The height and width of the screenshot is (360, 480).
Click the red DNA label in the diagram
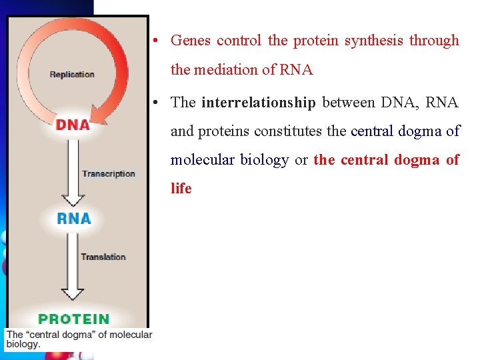tap(73, 125)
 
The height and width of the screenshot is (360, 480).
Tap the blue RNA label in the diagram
tap(74, 218)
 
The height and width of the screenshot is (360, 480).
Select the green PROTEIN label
tap(73, 319)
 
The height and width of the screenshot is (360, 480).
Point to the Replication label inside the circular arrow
tap(72, 74)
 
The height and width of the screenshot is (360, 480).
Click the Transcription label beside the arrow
tap(108, 174)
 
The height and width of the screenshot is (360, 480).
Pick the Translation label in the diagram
tap(103, 257)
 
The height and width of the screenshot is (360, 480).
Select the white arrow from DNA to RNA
tap(73, 170)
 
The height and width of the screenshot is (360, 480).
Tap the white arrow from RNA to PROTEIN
tap(73, 267)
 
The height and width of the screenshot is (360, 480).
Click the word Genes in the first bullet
tap(191, 41)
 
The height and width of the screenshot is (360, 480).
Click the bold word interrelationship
tap(258, 103)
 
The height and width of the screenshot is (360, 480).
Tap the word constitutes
tap(291, 131)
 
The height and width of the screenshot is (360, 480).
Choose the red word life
tap(181, 189)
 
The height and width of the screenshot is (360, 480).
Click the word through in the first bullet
tap(434, 41)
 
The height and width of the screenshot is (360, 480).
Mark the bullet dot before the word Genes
tap(154, 41)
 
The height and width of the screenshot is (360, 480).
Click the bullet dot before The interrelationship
tap(154, 103)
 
